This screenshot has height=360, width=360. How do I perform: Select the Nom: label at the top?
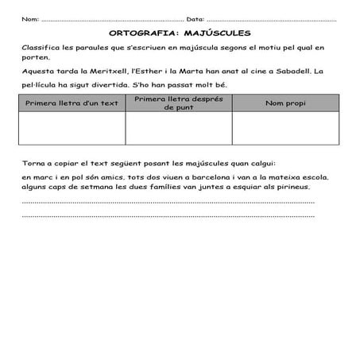coord(30,18)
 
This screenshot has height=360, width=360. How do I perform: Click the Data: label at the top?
coord(195,18)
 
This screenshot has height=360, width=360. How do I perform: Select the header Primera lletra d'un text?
coord(72,103)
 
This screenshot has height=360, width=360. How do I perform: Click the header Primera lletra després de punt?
coord(179,103)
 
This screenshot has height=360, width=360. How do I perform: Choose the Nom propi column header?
coord(285,103)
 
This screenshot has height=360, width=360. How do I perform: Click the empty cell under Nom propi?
coord(285,129)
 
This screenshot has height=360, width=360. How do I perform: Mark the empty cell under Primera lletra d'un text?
coord(72,129)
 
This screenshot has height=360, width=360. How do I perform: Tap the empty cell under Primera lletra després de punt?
coord(179,129)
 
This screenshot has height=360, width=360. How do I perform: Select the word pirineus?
coord(290,187)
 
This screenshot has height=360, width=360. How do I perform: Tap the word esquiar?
coord(233,187)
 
